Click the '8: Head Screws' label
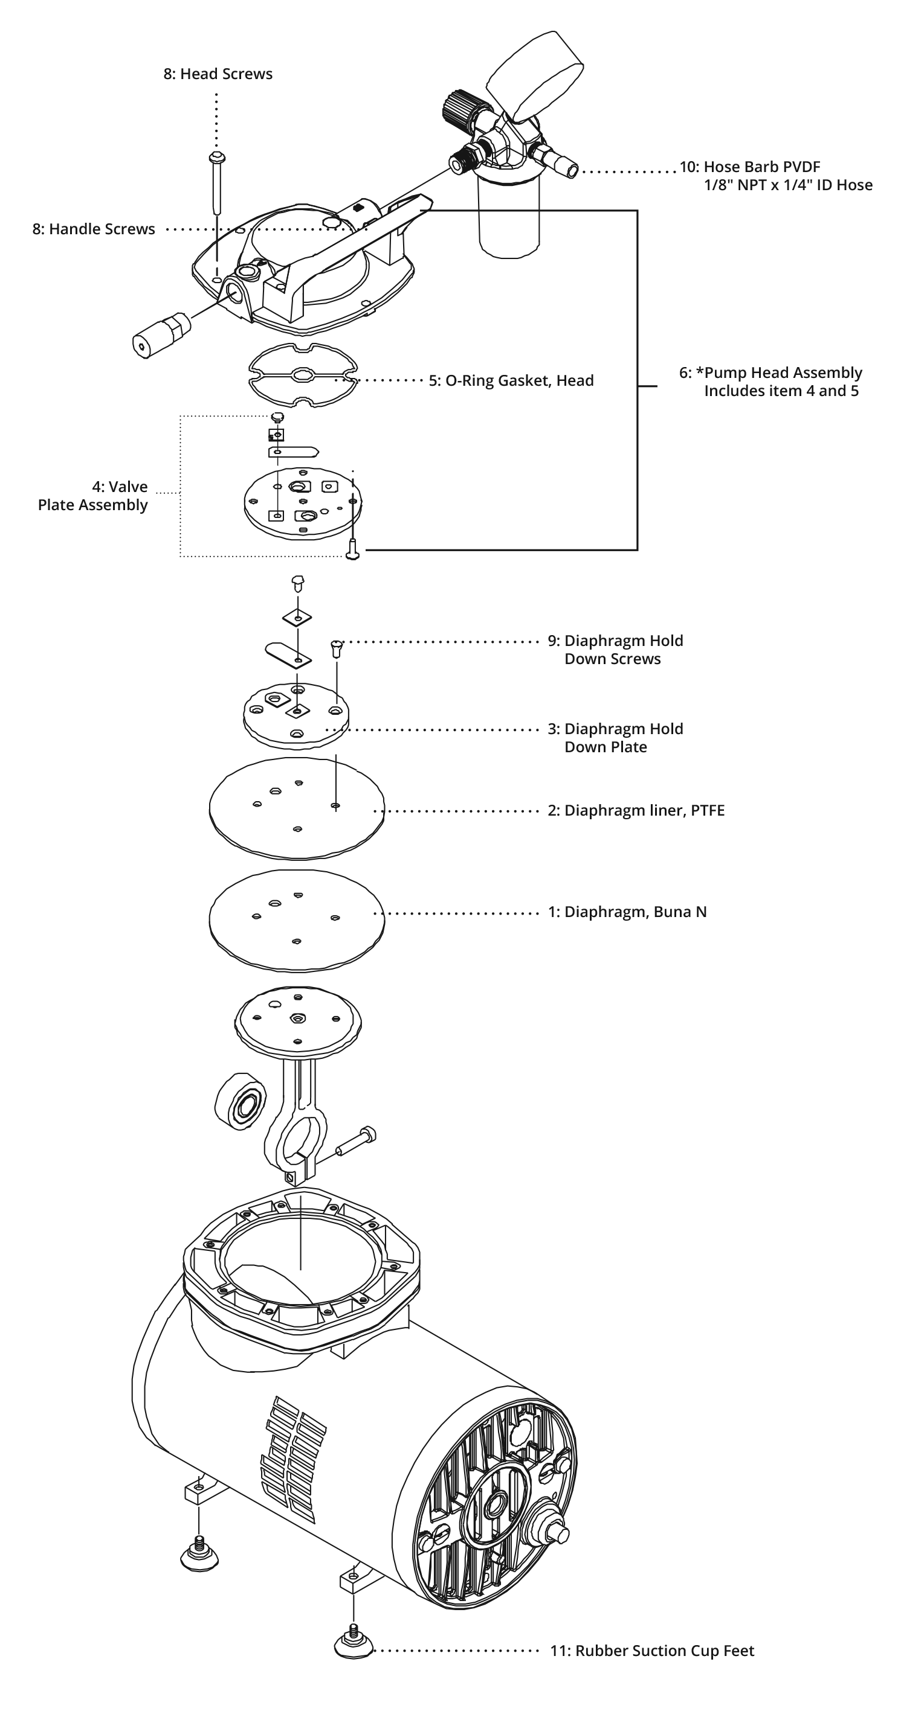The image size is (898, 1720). click(218, 74)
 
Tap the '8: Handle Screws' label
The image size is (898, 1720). click(94, 229)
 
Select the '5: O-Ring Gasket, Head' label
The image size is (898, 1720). click(511, 380)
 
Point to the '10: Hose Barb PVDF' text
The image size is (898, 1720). click(750, 167)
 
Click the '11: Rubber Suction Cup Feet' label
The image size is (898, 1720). click(652, 1651)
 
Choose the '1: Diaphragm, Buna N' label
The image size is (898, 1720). click(627, 912)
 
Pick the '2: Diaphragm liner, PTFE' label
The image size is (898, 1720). click(636, 811)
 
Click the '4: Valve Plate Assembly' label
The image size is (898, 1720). click(93, 496)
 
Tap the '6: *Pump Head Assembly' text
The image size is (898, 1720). click(770, 372)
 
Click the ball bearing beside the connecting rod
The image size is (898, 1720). click(240, 1102)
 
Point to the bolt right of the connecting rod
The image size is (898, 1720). click(357, 1141)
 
